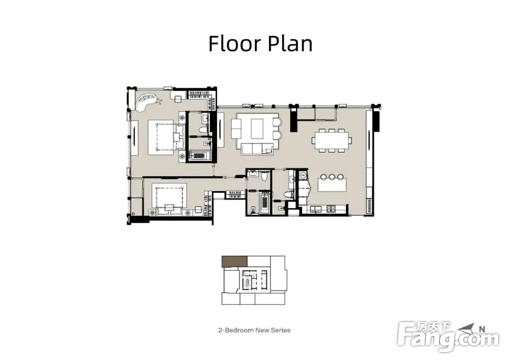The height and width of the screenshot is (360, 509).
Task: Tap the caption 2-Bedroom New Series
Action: [x=254, y=330]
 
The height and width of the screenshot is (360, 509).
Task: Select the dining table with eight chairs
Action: [x=332, y=140]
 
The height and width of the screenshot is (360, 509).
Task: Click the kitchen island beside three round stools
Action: [x=332, y=184]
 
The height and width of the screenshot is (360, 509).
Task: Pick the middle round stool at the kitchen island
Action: [x=332, y=177]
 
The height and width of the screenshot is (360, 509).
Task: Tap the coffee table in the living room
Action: [x=257, y=128]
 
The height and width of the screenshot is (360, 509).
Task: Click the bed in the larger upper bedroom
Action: [x=162, y=137]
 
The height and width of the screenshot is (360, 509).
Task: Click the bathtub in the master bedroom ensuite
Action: [x=199, y=155]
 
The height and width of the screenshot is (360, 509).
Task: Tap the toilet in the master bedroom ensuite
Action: [x=203, y=130]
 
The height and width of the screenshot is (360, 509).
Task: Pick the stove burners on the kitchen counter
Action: [x=331, y=208]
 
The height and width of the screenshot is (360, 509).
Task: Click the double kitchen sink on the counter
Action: [x=315, y=209]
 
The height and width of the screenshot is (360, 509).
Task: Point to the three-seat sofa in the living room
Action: [x=256, y=149]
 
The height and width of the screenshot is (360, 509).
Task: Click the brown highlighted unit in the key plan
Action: [x=234, y=261]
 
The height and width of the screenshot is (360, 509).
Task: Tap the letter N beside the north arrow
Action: [x=482, y=329]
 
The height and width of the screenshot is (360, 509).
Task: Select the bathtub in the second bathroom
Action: [x=265, y=203]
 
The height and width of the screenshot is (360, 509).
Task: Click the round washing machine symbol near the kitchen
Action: [x=303, y=175]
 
